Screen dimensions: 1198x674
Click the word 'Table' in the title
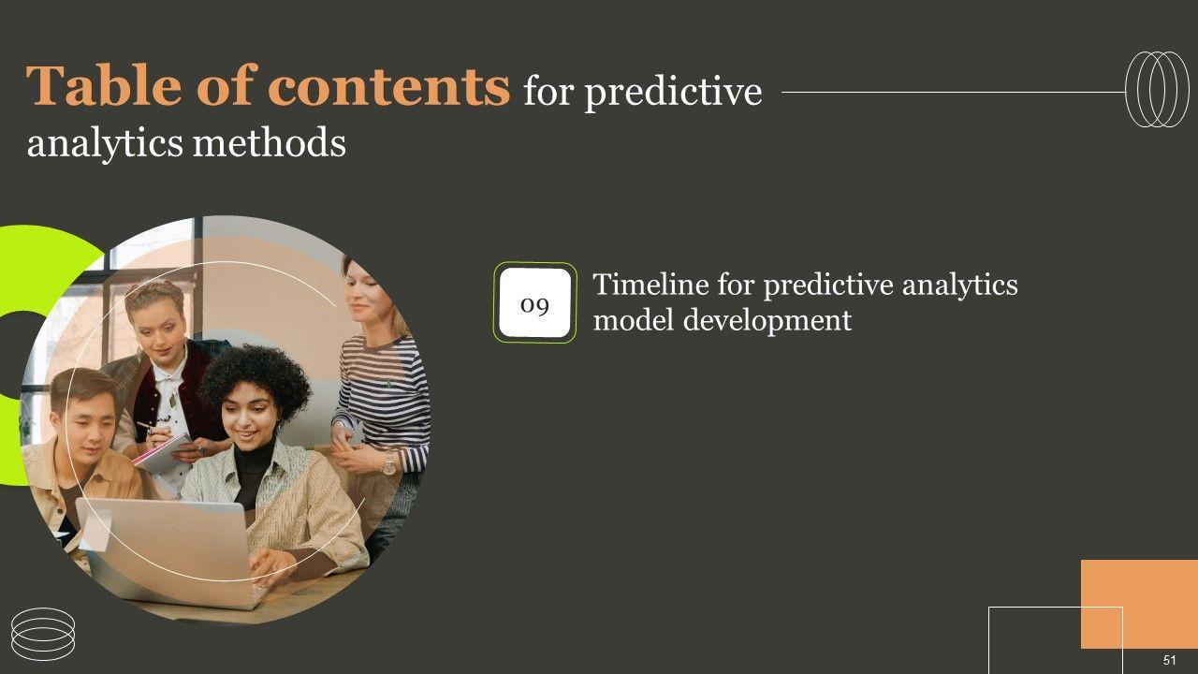coord(104,85)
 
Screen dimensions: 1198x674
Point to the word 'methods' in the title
coord(269,143)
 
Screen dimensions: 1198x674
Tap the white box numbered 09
coord(534,302)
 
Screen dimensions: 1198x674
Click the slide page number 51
coord(1170,660)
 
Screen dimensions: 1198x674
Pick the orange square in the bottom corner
coord(1139,604)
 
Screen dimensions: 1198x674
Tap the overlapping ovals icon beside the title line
coord(1158,89)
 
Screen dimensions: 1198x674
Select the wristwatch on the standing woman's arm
coord(388,462)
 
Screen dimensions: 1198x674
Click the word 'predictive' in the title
coord(673,92)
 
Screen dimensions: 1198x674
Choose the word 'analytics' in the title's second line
coord(105,144)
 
